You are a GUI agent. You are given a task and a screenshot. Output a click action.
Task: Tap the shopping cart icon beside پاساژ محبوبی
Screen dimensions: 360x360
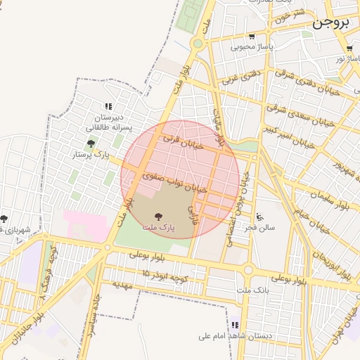[251, 37]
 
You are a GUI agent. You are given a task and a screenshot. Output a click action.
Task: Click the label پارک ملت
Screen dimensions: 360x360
[157, 228]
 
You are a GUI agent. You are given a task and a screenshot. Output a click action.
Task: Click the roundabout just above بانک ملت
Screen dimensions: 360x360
[247, 269]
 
